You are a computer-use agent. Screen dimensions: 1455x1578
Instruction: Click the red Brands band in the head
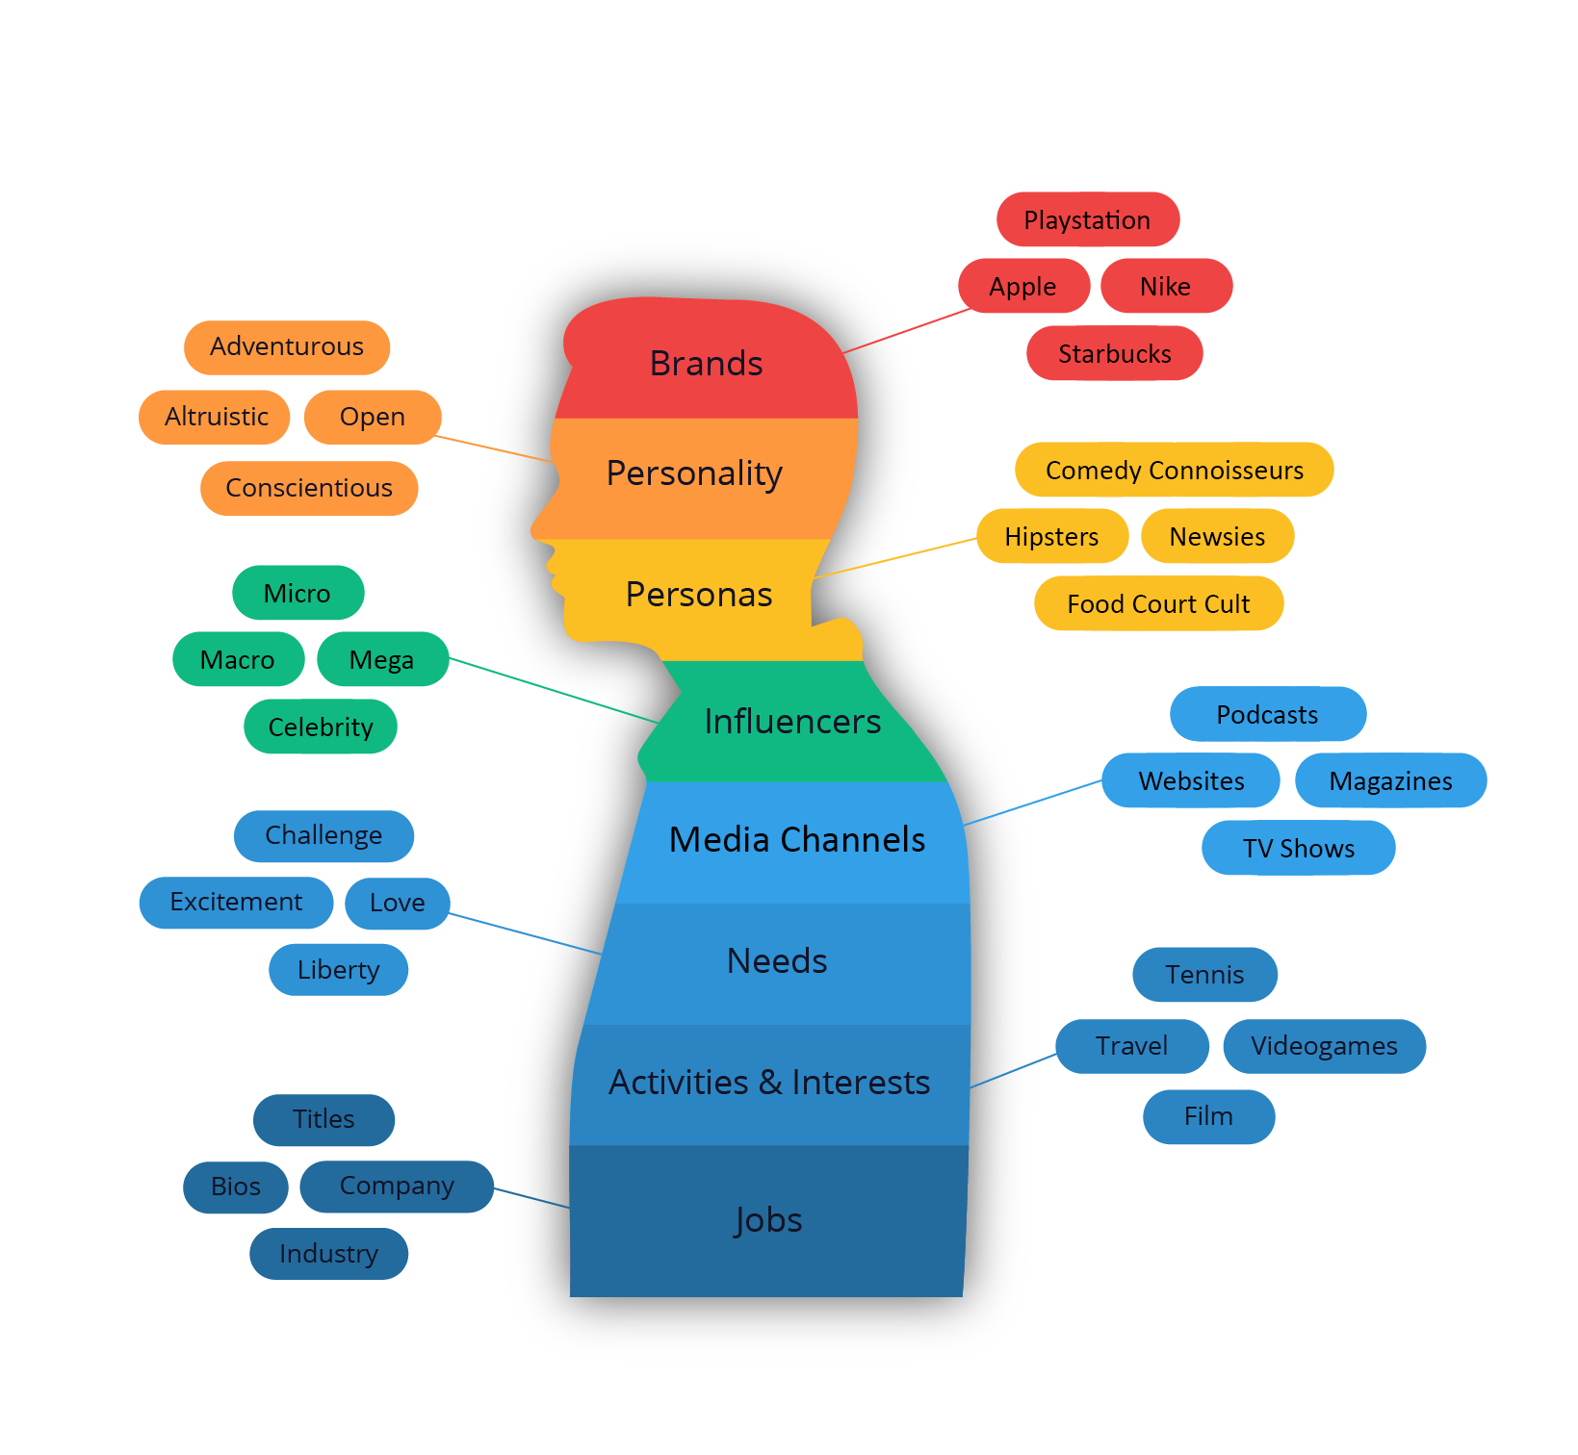point(707,364)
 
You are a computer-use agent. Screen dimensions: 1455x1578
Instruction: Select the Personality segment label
point(694,473)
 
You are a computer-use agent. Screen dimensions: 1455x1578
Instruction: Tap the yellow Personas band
point(699,595)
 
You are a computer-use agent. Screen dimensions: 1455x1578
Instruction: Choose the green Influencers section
point(792,722)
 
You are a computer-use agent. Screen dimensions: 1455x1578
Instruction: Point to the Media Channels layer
point(797,840)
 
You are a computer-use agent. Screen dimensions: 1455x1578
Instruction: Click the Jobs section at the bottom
point(767,1220)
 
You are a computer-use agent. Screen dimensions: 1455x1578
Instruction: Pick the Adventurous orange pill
point(287,346)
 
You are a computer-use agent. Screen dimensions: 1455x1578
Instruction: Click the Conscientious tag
point(309,488)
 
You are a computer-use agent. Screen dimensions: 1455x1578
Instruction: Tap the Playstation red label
point(1087,220)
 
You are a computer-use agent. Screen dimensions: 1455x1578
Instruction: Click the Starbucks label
point(1115,354)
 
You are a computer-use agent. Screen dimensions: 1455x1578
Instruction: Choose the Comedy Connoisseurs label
point(1175,471)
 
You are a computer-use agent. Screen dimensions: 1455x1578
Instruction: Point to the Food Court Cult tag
point(1158,604)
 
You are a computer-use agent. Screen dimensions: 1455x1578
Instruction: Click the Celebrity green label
point(321,727)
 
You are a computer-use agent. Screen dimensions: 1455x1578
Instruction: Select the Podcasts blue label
point(1267,715)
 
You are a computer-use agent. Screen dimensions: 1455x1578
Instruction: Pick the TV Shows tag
point(1299,849)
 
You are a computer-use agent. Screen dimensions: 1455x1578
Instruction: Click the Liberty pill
point(338,970)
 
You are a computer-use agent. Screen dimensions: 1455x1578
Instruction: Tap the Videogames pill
point(1324,1046)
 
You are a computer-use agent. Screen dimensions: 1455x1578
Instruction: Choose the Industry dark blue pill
point(328,1254)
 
